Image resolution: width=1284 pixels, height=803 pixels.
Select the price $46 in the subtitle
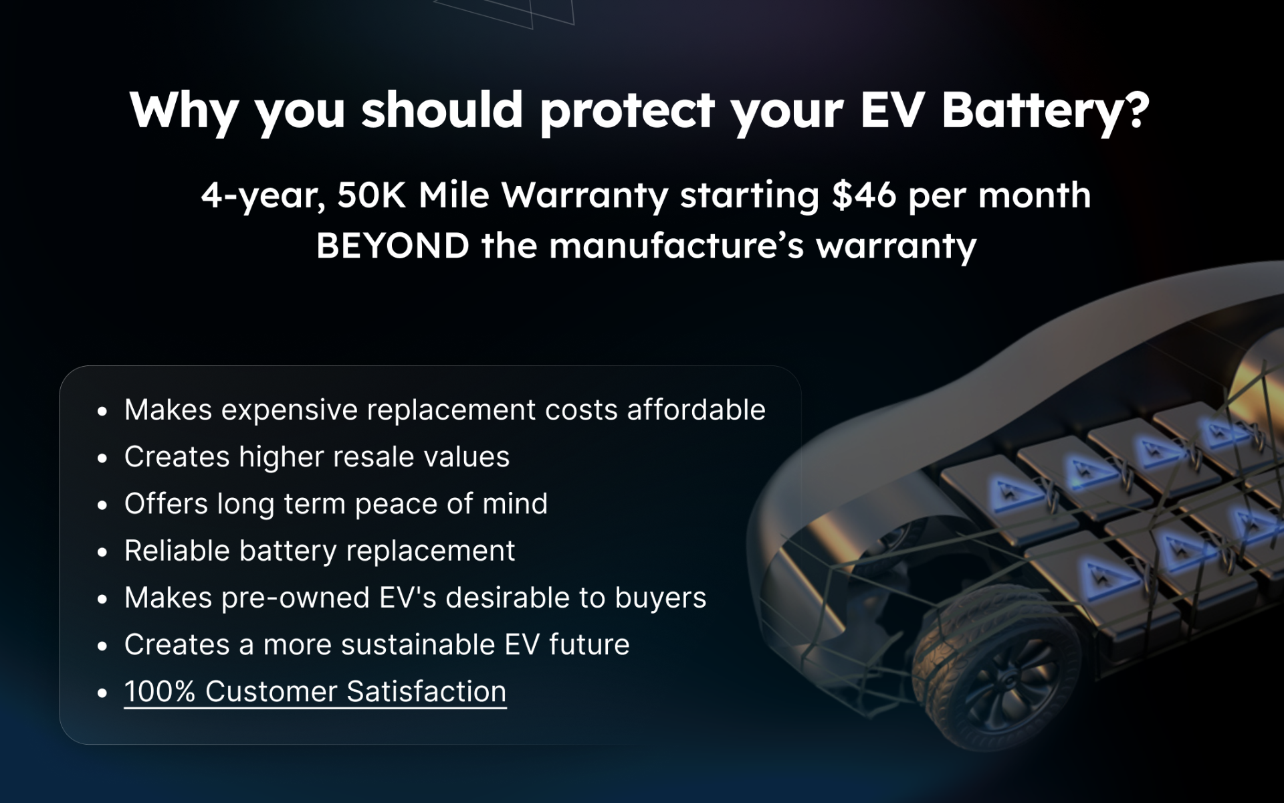click(863, 195)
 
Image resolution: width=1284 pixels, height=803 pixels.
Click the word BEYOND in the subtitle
click(393, 246)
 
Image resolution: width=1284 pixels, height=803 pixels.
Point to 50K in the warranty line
click(371, 195)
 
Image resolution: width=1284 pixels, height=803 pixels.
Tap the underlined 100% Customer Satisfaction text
click(315, 691)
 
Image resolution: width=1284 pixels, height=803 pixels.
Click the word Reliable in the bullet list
click(177, 551)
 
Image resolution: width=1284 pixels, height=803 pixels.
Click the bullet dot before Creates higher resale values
click(102, 458)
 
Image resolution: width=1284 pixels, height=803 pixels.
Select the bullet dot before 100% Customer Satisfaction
click(102, 693)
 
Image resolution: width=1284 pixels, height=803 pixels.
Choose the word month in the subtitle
click(1034, 195)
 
